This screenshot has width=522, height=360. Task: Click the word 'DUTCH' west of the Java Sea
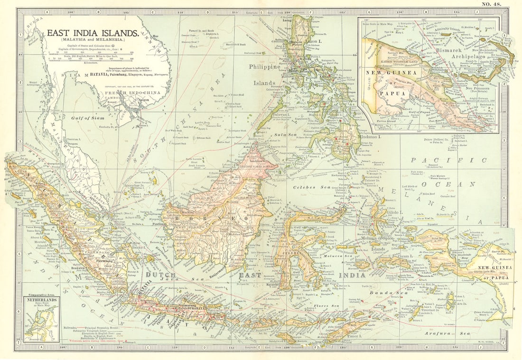click(x=160, y=275)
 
